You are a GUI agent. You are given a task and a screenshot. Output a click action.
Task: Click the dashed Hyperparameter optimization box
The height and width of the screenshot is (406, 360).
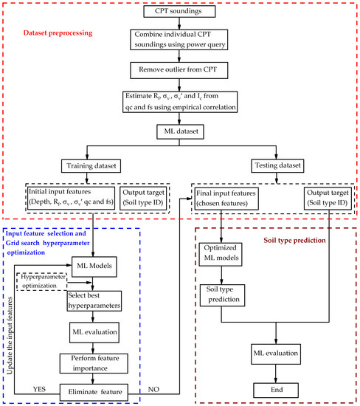point(44,281)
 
